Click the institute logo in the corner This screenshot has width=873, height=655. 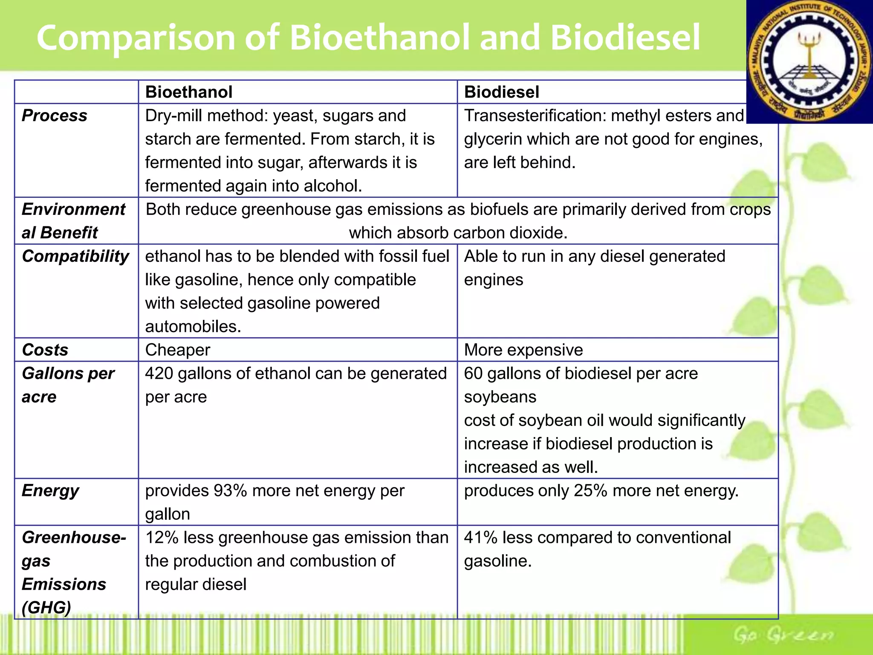tap(809, 62)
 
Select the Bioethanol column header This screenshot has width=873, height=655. tap(189, 92)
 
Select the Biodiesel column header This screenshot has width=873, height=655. tap(501, 92)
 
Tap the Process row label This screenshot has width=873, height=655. tap(55, 116)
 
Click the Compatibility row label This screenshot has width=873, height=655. tap(75, 256)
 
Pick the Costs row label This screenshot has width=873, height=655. tap(45, 350)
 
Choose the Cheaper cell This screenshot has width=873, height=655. tap(178, 350)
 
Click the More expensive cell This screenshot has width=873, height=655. tap(523, 350)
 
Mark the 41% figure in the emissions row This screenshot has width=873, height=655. tap(480, 538)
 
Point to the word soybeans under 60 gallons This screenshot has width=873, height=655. tap(500, 397)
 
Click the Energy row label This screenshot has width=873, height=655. tap(50, 491)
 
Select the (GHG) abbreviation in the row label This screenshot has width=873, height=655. tap(46, 607)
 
